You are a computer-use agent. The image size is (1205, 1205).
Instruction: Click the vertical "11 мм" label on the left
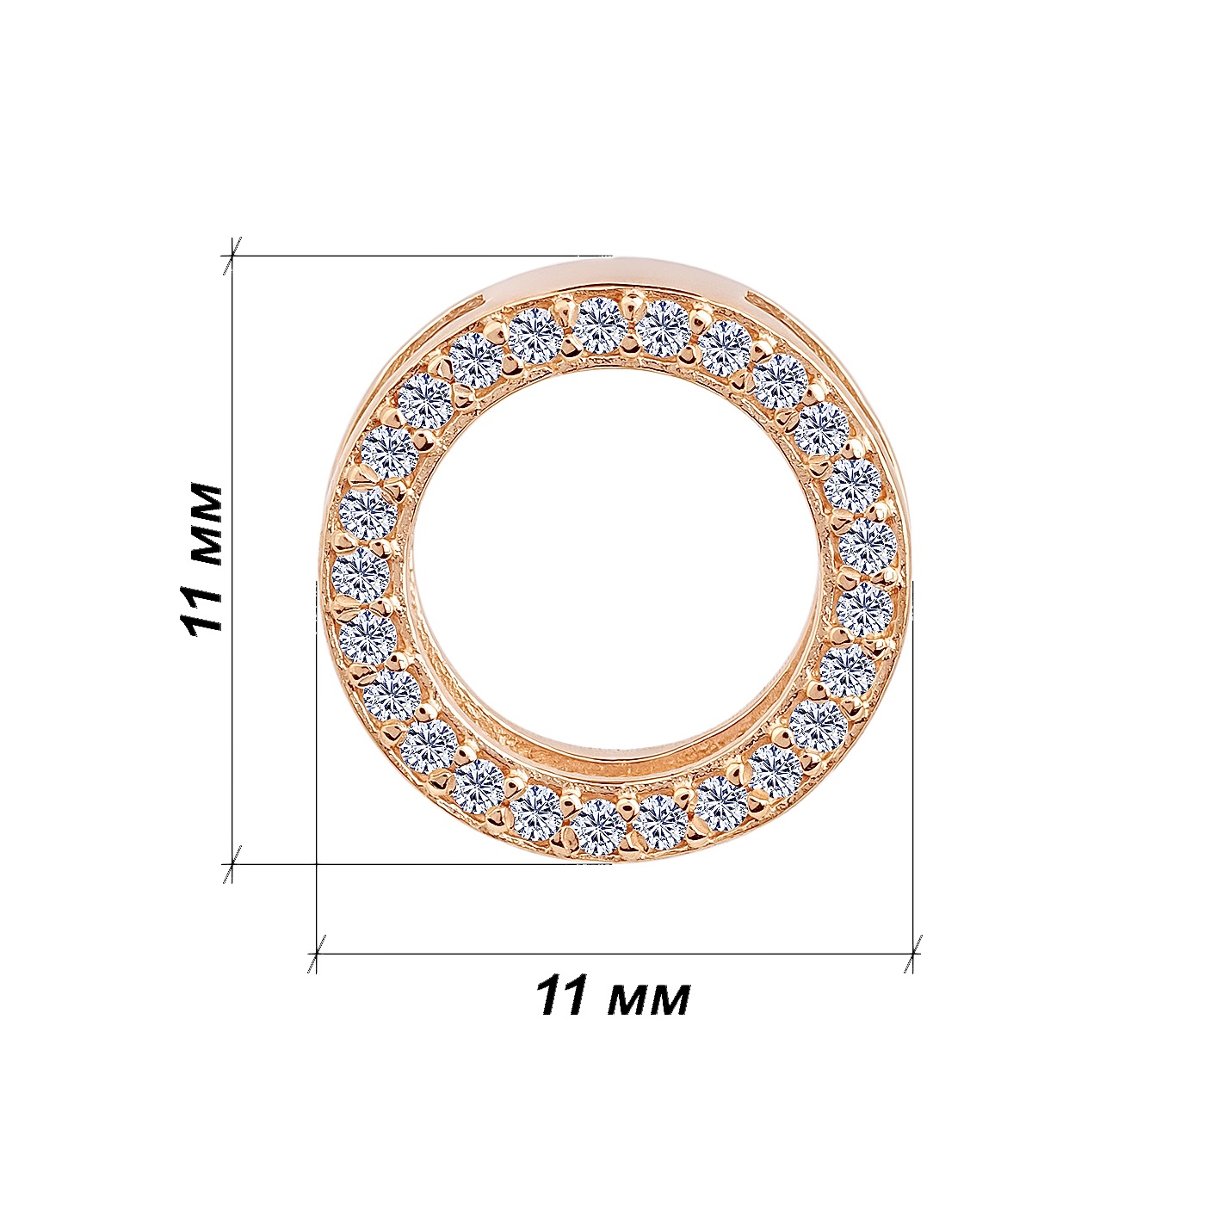[x=201, y=557]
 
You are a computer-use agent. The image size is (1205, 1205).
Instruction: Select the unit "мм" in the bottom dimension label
[x=648, y=1000]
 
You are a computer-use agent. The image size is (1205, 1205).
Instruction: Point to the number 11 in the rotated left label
[x=201, y=606]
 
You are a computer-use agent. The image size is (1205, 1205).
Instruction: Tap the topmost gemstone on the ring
[x=599, y=325]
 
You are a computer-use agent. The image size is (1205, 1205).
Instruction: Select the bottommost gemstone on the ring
[x=599, y=827]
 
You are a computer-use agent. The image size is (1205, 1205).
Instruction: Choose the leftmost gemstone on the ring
[x=361, y=572]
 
